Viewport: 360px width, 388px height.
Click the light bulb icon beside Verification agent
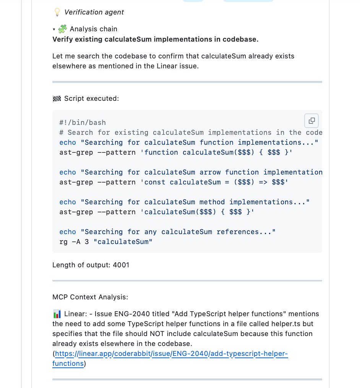57,12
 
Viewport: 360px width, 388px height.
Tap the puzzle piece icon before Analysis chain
63,29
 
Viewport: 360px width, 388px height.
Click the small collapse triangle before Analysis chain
54,29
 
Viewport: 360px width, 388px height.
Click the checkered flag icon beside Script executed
57,99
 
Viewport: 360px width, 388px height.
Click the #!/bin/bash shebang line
83,123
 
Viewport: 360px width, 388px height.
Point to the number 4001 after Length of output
121,265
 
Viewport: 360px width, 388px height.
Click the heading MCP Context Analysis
90,297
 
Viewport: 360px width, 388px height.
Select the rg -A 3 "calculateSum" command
106,242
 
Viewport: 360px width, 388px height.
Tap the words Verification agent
94,12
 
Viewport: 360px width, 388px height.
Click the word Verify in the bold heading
62,39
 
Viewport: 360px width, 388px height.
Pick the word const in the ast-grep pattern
157,182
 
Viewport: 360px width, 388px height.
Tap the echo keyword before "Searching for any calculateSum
68,232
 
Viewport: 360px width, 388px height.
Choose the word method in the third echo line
212,202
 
